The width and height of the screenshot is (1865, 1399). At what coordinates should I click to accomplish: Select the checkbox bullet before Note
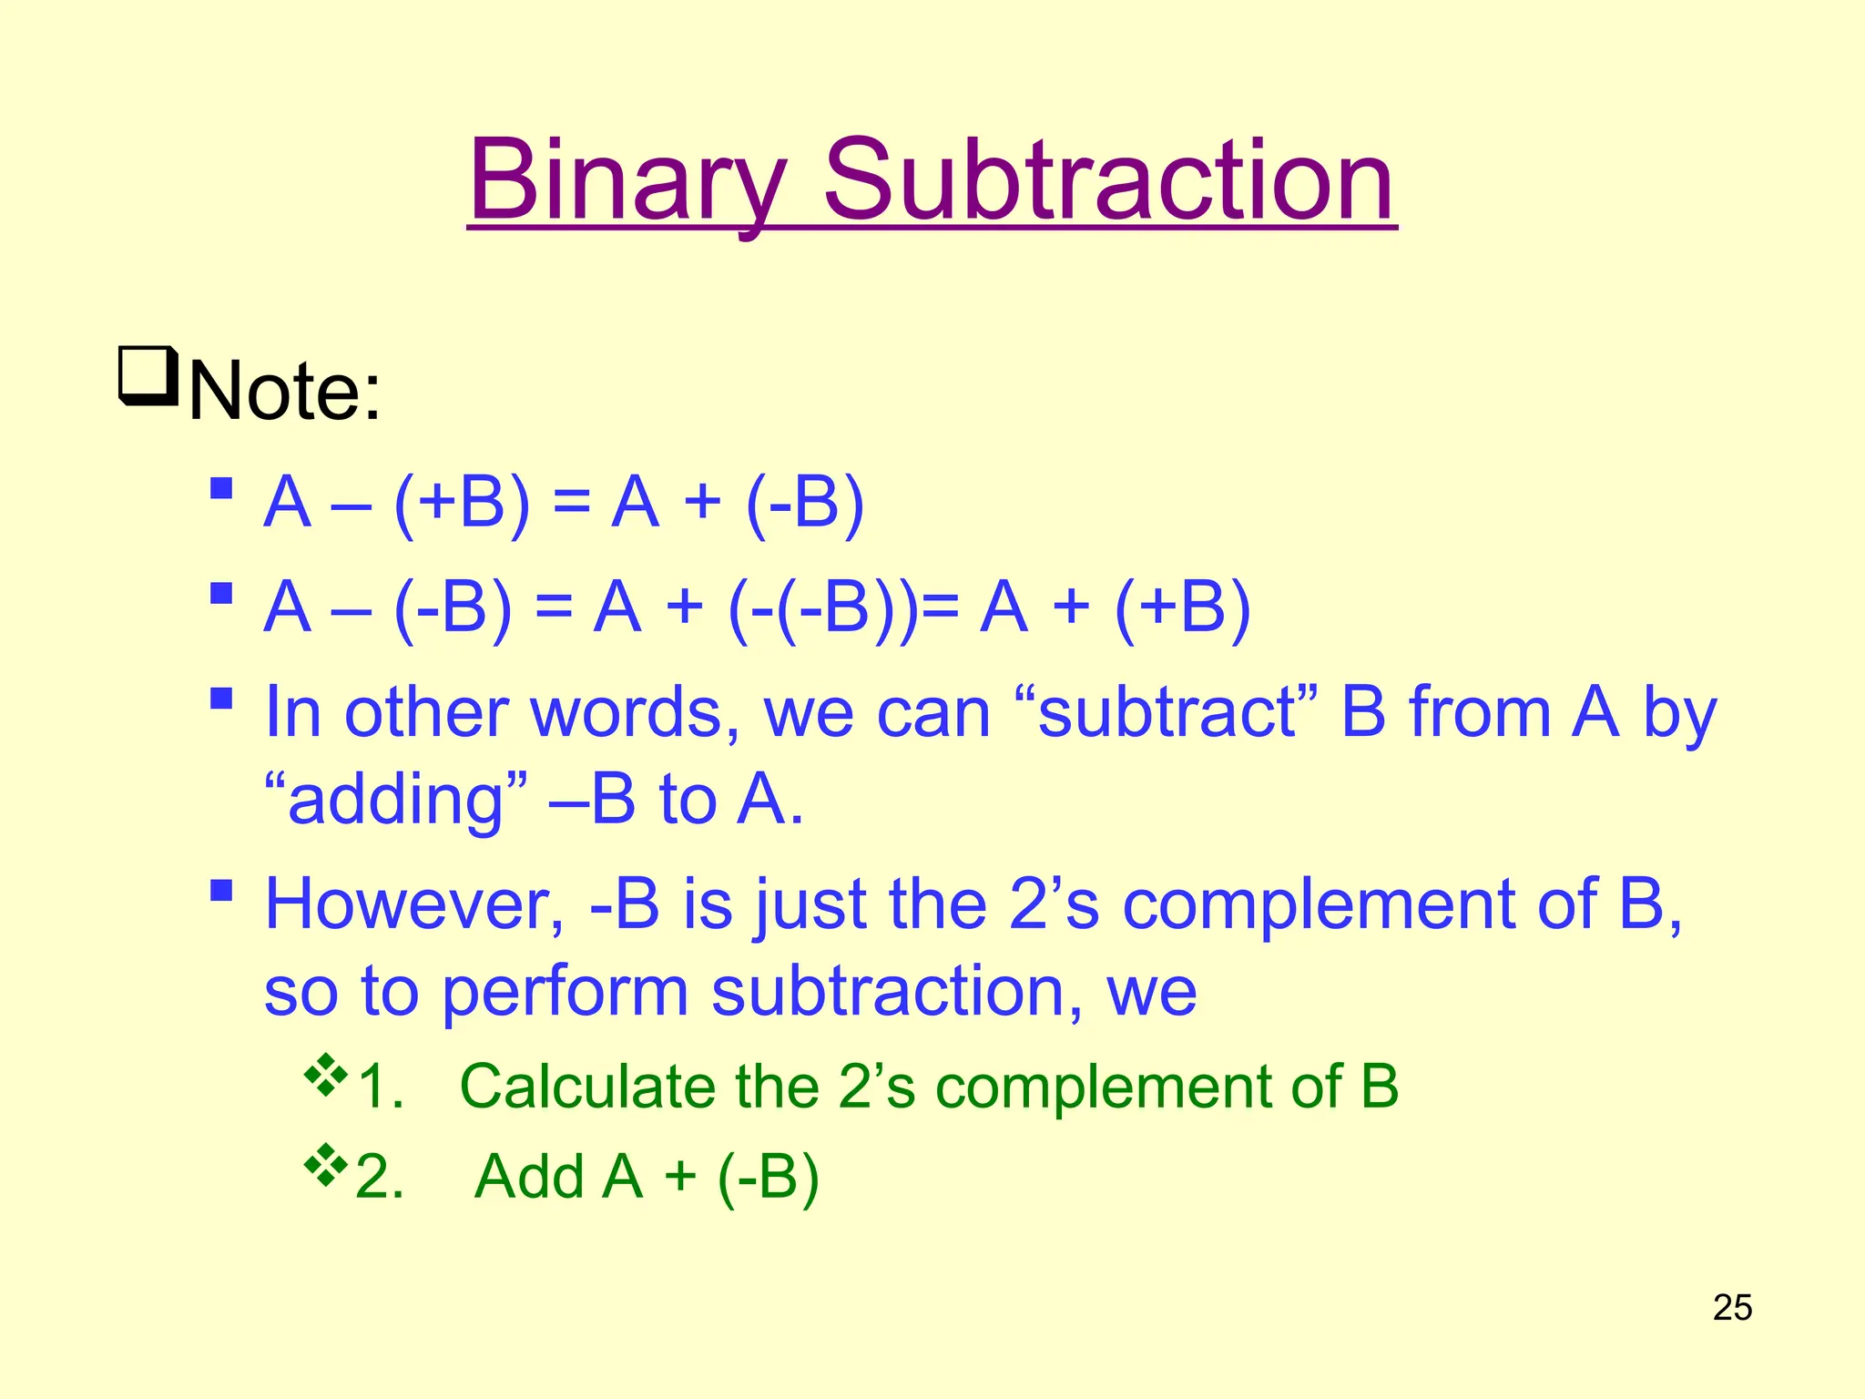click(x=147, y=374)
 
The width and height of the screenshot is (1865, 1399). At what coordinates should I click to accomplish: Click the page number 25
click(x=1732, y=1308)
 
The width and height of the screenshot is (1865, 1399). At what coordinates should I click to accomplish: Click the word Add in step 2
click(x=529, y=1177)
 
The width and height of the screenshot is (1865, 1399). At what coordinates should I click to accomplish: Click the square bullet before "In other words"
click(x=220, y=699)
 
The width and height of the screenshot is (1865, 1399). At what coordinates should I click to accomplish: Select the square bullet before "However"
click(x=220, y=889)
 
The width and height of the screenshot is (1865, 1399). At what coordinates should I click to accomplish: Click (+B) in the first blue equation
click(x=462, y=503)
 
